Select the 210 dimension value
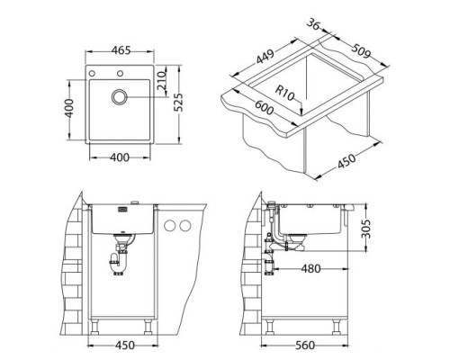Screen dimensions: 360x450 pos(163,84)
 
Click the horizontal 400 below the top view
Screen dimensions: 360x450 pos(119,158)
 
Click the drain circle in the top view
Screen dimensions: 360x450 pos(120,97)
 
